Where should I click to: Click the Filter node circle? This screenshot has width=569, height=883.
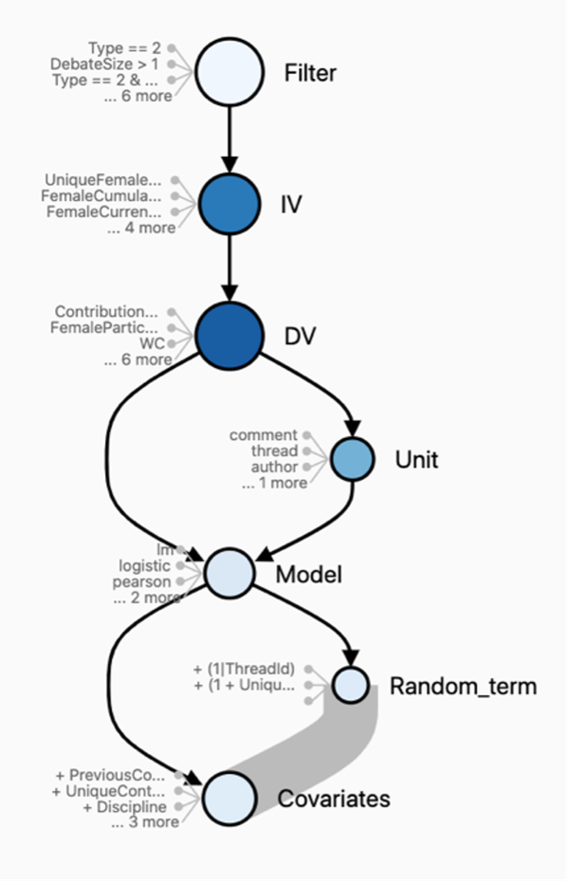[229, 71]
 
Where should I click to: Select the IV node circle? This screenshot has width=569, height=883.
[229, 202]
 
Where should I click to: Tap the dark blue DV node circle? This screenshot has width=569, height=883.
[229, 335]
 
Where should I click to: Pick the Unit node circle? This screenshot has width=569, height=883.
[353, 459]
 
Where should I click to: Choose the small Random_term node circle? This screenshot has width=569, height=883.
[350, 684]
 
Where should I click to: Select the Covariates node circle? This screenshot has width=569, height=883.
[229, 798]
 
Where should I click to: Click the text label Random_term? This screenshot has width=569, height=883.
[463, 686]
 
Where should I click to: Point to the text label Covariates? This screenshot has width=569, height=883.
[333, 799]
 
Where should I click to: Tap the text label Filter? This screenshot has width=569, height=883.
[310, 73]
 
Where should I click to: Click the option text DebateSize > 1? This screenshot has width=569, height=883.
[105, 64]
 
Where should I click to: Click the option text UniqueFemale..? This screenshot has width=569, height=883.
[102, 179]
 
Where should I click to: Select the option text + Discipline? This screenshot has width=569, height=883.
[123, 806]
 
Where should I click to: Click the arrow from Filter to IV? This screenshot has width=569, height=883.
[229, 138]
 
